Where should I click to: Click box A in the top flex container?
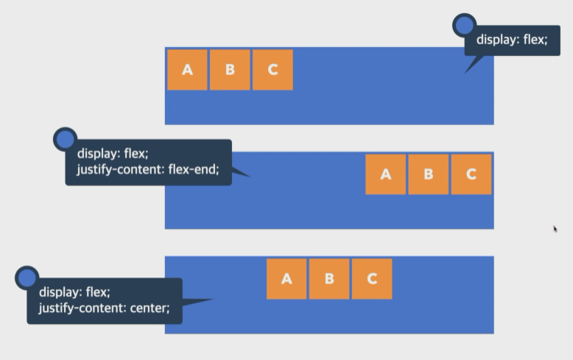187,70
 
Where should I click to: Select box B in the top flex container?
230,70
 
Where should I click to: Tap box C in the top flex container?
273,70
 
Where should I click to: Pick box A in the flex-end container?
385,174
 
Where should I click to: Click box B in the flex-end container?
428,174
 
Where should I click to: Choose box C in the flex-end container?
471,174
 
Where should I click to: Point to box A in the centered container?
286,279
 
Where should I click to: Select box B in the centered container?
329,279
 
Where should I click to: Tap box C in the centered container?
372,279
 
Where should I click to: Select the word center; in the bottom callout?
150,308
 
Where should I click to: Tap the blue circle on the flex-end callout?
66,139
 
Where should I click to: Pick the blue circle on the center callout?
27,278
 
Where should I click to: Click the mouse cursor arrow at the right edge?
555,229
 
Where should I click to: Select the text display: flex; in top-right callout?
512,40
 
